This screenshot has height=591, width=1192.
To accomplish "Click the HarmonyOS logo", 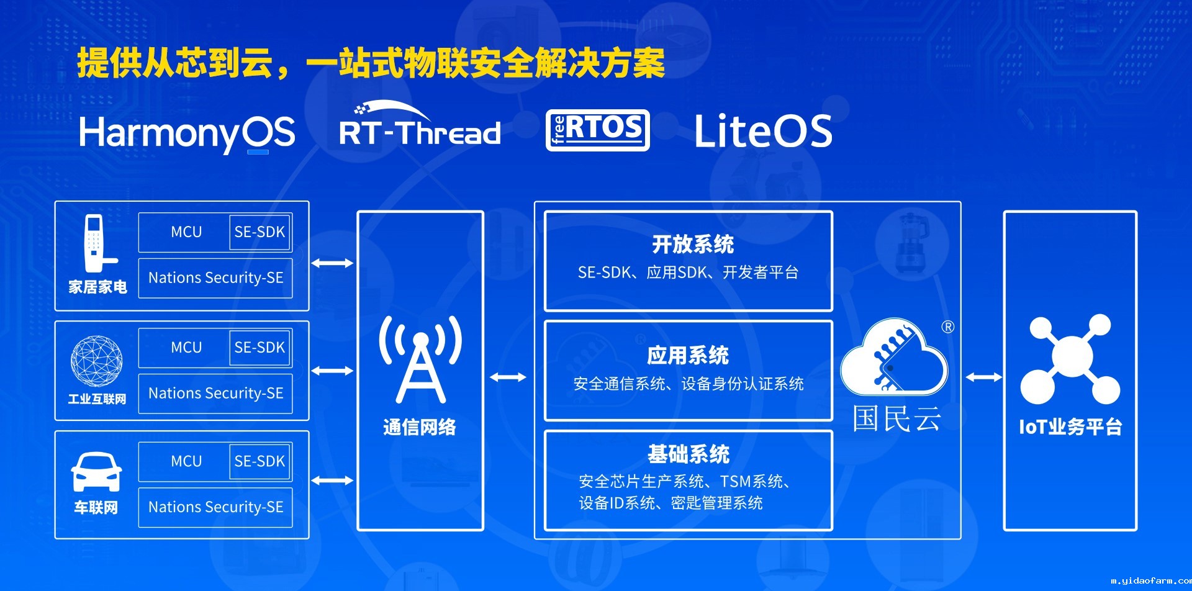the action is coord(187,133).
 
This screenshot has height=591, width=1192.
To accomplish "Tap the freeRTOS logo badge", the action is coord(597,130).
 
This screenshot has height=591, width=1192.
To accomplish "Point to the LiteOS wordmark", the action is coord(763,131).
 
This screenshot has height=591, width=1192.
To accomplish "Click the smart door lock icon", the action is coord(97,243).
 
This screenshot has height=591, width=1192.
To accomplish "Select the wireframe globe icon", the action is coord(96,361).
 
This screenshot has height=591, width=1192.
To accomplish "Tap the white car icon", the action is coord(96,472).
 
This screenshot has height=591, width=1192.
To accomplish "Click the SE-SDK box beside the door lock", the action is coord(260,232).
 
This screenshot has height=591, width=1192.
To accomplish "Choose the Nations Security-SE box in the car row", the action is coord(215,507).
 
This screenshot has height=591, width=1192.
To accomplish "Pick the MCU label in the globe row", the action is coord(186,348).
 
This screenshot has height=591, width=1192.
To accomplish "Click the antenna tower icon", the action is coord(420,359).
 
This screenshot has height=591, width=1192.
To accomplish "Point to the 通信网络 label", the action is coord(420,427).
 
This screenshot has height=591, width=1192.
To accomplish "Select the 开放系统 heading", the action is coord(693,245).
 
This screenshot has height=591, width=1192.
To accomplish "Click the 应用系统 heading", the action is coord(688,356).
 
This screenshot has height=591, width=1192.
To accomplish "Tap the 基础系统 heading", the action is coord(689,454).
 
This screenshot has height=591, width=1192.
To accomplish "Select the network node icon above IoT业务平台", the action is coord(1070,359).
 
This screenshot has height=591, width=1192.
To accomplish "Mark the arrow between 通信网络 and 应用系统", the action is coord(508,377).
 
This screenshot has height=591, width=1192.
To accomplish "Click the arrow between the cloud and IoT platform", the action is coord(984,377).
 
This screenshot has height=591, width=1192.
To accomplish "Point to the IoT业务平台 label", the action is coord(1070,427).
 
